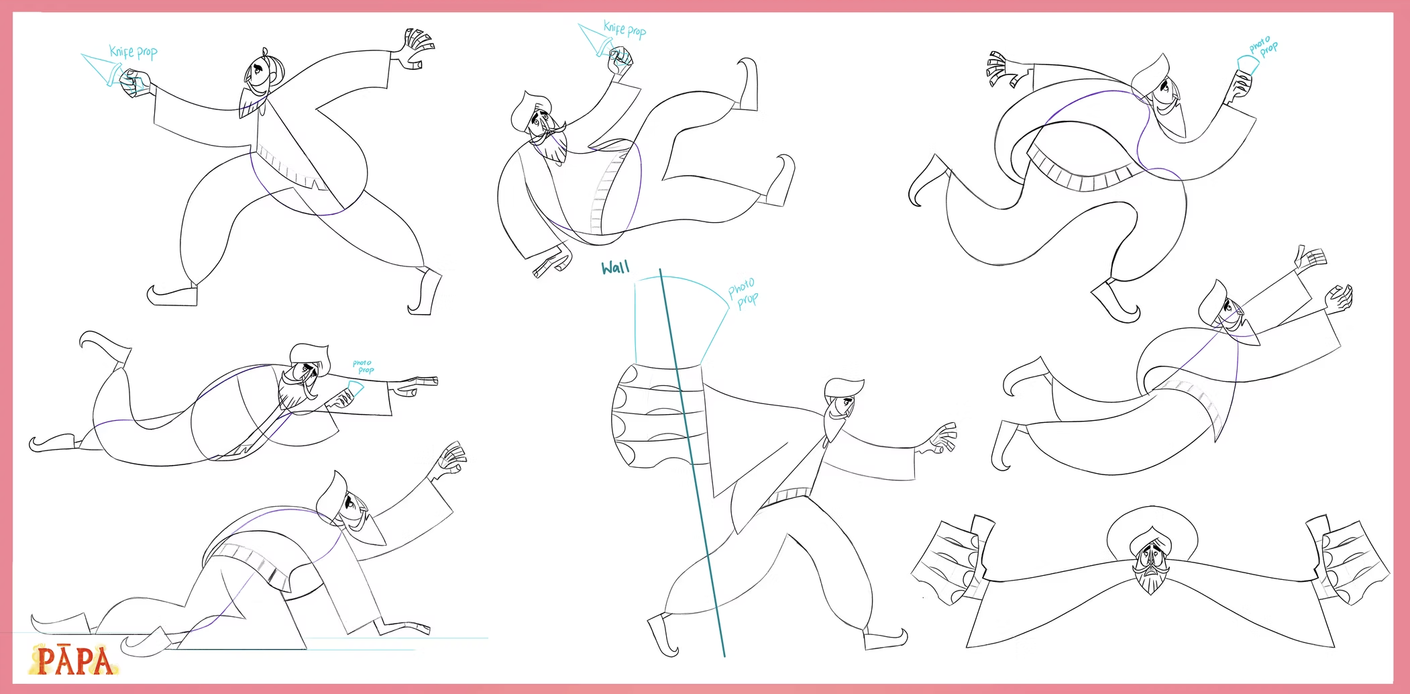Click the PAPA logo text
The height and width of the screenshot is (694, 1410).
click(x=74, y=660)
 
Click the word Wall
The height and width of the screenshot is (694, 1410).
click(x=615, y=268)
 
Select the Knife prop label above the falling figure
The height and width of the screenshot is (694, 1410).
click(x=625, y=29)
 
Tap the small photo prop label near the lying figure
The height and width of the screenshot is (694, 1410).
click(x=364, y=366)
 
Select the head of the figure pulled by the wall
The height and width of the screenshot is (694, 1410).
click(x=842, y=403)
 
